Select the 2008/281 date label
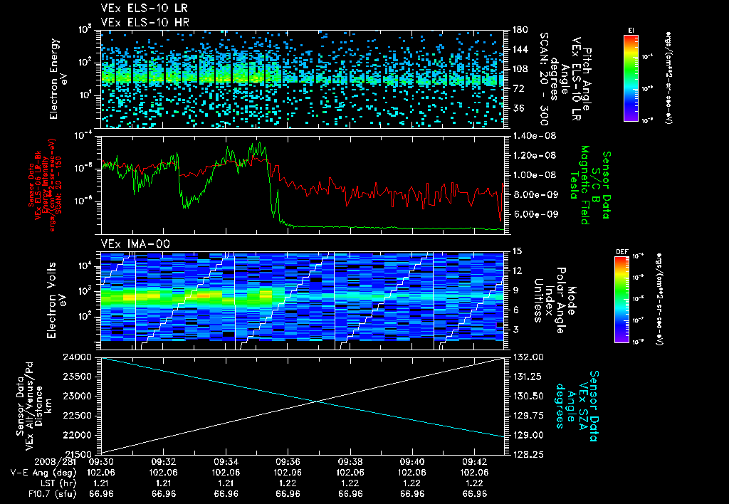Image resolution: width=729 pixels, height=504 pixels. [x=26, y=461]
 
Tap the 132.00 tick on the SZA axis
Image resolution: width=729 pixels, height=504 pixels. [x=525, y=357]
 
